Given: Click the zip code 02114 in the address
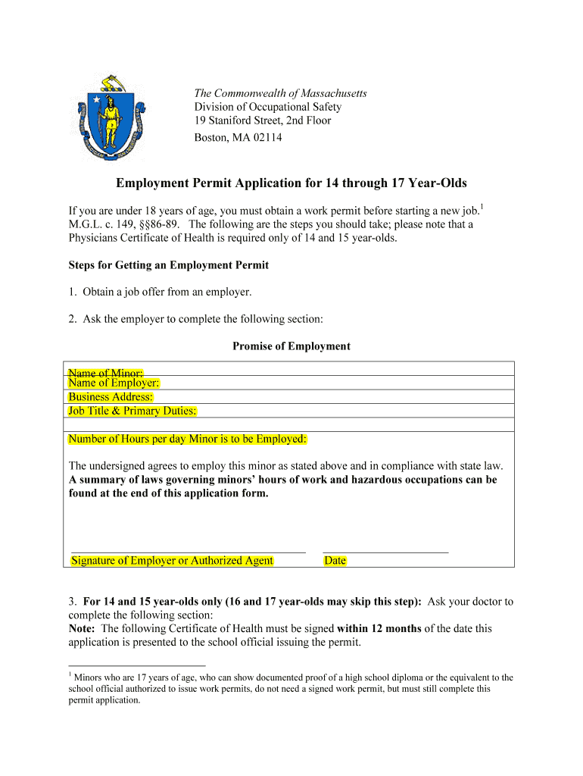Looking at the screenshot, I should tap(267, 138).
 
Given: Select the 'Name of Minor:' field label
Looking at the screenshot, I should tap(105, 372).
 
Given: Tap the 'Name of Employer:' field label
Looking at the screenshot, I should tap(114, 383).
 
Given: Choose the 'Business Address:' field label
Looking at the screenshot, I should tap(111, 397).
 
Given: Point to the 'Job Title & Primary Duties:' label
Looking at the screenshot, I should tap(132, 411).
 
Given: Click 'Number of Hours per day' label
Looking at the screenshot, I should tap(187, 439).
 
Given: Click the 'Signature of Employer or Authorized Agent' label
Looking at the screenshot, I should tap(172, 561).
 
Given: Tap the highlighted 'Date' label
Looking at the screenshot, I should tap(335, 561).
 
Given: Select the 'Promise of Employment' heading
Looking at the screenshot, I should tap(291, 346).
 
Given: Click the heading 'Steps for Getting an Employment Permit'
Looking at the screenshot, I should tap(169, 265).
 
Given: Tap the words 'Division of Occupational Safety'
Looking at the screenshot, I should tap(268, 107).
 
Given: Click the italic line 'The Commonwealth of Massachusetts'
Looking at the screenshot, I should tap(280, 93).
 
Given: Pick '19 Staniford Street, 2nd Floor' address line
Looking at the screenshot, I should tap(263, 120).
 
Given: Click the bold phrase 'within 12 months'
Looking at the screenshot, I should tap(379, 628).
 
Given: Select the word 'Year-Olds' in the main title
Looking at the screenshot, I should tap(434, 183).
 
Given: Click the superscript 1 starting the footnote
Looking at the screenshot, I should tap(70, 674).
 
